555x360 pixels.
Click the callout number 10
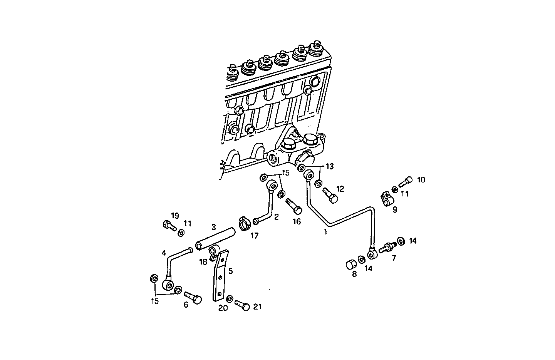[x=421, y=180]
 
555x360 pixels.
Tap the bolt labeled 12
[x=329, y=194]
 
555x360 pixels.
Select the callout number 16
[x=296, y=221]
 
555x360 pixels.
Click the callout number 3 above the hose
[x=213, y=227]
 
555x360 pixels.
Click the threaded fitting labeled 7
[x=387, y=247]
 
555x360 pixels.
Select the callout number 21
[x=257, y=306]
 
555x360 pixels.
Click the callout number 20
[x=223, y=308]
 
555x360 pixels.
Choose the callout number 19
[x=175, y=215]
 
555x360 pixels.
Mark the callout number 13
[x=330, y=166]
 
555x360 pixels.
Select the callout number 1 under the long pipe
[x=325, y=232]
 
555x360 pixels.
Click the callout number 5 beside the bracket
[x=230, y=271]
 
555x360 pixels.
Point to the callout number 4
[x=164, y=253]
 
